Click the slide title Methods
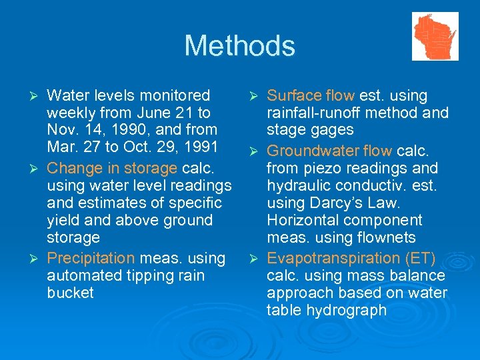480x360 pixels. point(239,46)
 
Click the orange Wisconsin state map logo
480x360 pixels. point(435,37)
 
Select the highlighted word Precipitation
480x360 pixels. point(91,258)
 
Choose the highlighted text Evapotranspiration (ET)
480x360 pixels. point(351,258)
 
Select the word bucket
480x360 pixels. point(71,293)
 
